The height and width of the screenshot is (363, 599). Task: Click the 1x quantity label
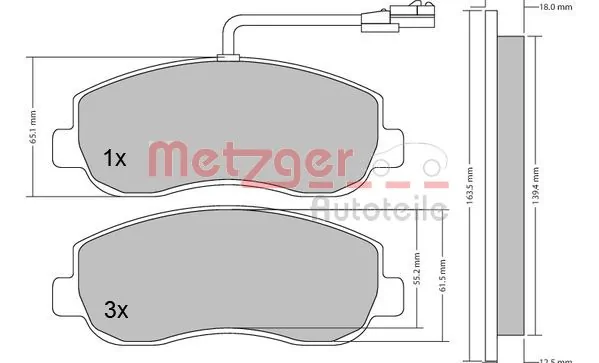115,158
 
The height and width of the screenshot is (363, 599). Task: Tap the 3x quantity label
117,310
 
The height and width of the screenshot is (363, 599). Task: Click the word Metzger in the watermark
250,160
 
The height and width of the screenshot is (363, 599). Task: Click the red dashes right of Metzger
400,186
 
